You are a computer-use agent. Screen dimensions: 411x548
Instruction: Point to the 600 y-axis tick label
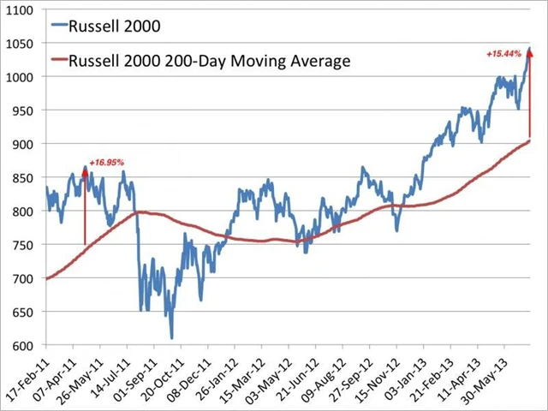pyautogui.click(x=23, y=346)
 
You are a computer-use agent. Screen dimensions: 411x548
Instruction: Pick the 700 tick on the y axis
pyautogui.click(x=23, y=279)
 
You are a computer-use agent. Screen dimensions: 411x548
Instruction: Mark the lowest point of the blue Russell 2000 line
pyautogui.click(x=171, y=338)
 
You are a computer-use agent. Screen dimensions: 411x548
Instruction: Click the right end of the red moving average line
pyautogui.click(x=530, y=140)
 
